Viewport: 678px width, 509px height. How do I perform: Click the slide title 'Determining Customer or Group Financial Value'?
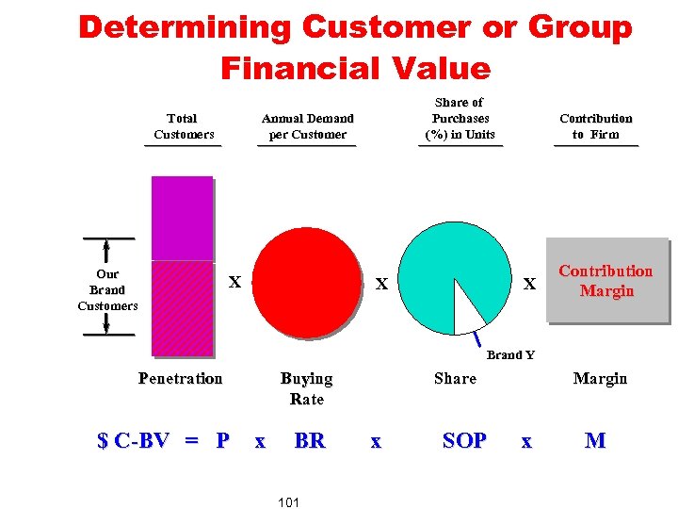pos(355,47)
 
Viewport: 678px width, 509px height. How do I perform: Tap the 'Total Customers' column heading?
pos(183,126)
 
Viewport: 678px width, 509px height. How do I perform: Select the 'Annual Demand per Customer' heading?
pos(308,126)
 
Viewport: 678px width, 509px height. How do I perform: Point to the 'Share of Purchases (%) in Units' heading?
pos(460,119)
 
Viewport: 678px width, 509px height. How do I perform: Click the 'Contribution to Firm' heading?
pos(596,126)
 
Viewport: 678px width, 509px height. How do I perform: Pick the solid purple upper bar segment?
pos(183,218)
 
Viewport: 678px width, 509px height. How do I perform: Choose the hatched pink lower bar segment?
pos(183,307)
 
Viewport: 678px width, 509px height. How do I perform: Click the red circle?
pos(307,282)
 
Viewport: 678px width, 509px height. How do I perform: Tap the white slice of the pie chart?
pos(468,308)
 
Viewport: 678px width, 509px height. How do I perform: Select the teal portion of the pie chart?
pos(452,264)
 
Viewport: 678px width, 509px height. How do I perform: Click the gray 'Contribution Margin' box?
pos(605,281)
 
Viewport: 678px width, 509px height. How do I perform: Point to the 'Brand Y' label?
pos(510,355)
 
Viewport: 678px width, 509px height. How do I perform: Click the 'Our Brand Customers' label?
pos(107,290)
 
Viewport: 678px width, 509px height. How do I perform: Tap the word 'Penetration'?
pos(180,379)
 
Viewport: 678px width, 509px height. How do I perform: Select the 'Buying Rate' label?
pos(307,388)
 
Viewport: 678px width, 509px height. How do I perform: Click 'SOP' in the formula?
pos(464,440)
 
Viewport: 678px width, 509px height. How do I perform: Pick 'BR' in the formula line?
pos(310,440)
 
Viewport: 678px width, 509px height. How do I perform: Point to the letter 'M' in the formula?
pos(595,440)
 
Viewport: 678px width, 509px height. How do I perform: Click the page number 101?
pos(289,502)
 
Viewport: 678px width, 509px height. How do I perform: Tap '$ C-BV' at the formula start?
pos(134,440)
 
